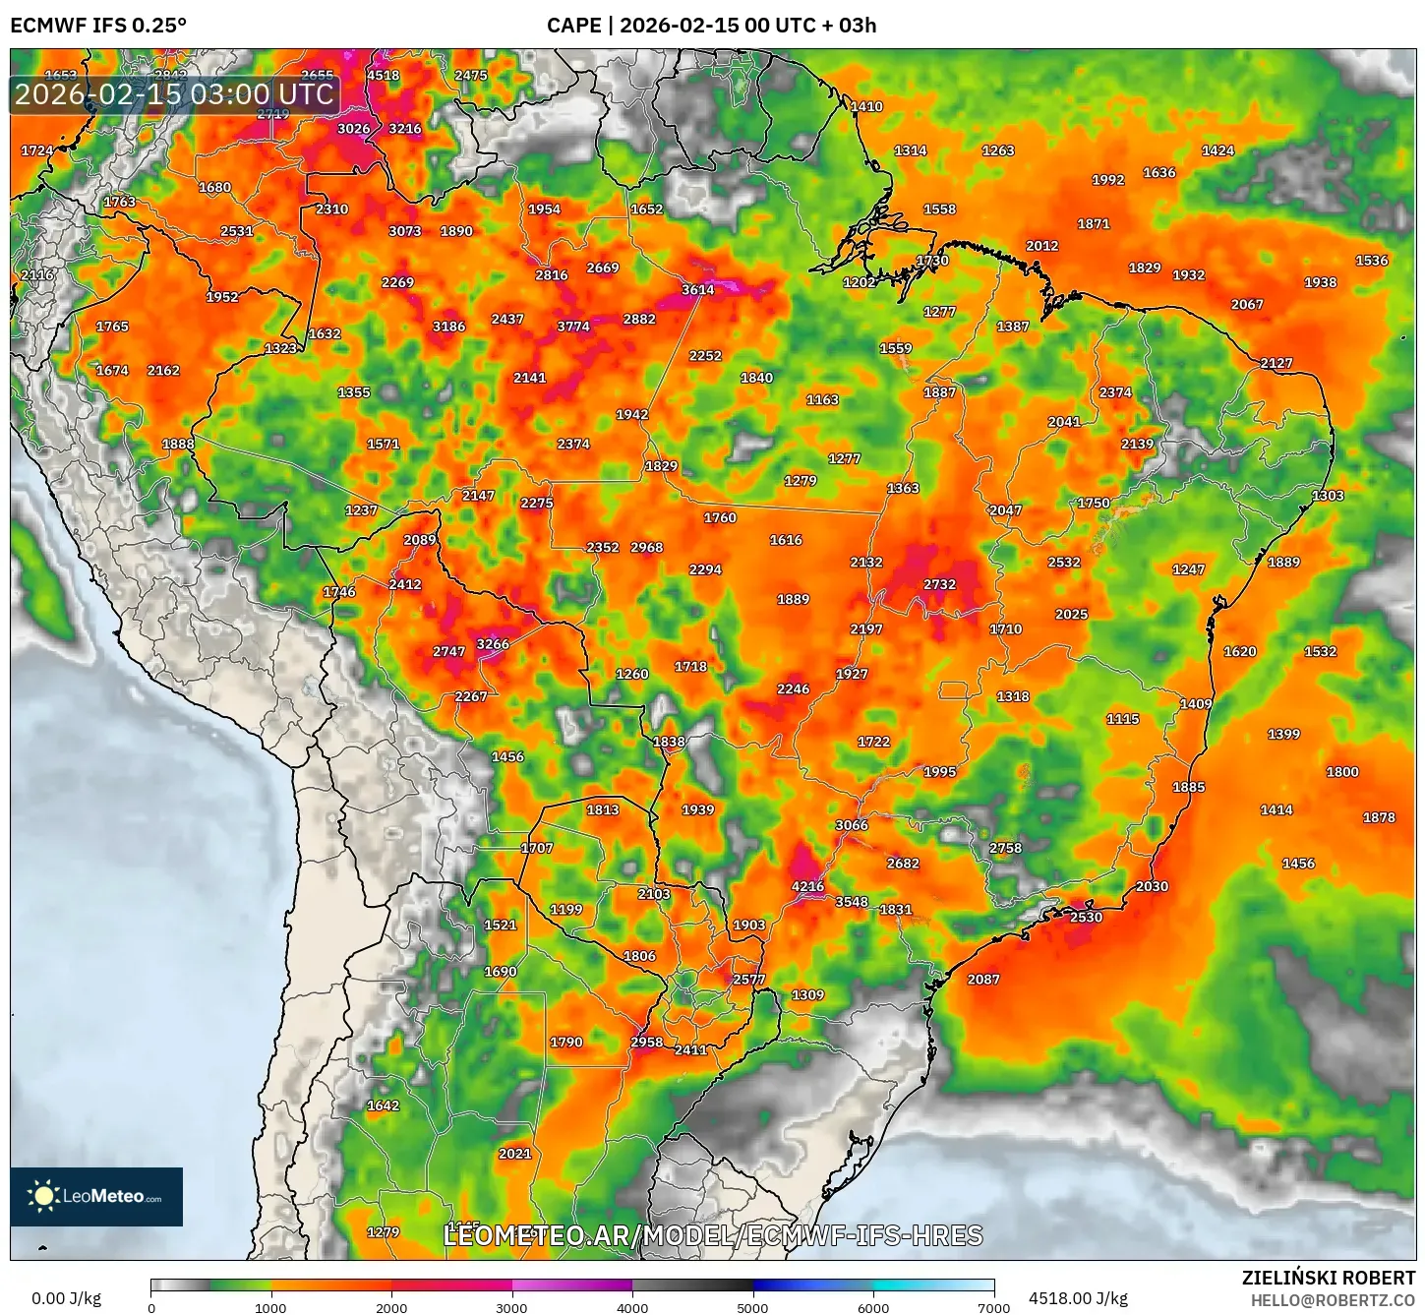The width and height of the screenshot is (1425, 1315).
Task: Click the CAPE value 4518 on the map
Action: coord(383,76)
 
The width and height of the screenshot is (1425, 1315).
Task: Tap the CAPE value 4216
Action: coord(807,886)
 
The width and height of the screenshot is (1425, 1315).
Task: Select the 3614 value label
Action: coord(697,289)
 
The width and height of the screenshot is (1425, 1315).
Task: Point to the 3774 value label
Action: coord(573,327)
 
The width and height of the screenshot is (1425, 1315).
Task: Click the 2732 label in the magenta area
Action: coord(939,584)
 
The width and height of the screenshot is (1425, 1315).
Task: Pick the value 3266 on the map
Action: coord(493,644)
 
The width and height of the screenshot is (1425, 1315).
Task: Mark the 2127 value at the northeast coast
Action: coord(1276,363)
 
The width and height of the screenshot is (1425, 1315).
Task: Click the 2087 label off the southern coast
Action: coord(982,979)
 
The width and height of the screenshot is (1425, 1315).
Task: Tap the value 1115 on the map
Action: coord(1122,719)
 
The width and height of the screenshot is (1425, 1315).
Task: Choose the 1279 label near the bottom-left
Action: coord(383,1231)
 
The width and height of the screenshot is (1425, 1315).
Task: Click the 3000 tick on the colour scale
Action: coord(511,1307)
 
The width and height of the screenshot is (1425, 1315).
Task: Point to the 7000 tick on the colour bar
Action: coord(993,1307)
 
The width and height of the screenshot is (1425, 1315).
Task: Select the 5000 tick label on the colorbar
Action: coord(752,1307)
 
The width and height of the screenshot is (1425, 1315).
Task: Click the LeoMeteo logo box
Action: coord(96,1196)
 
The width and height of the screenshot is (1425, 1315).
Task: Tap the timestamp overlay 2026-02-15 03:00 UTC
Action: coord(174,94)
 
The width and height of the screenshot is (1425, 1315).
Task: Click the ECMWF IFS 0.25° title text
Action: coord(98,25)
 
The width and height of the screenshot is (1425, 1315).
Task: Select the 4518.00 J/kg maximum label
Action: coord(1078,1298)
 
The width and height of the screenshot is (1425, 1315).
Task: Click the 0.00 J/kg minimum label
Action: coord(66,1298)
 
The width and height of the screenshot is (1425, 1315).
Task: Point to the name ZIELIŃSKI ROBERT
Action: coord(1328,1278)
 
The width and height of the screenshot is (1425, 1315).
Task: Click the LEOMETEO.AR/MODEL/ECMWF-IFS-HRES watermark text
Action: coord(713,1235)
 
